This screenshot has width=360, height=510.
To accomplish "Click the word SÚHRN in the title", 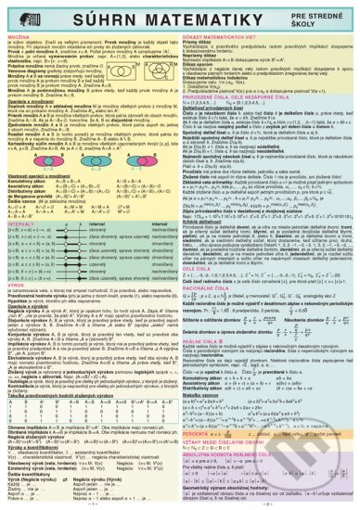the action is pos(89,16).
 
